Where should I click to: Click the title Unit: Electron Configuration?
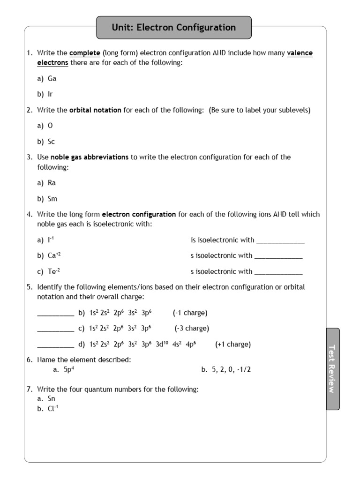[174, 28]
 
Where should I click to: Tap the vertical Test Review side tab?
[332, 368]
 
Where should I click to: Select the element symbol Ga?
[52, 79]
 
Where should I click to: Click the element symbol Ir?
[51, 94]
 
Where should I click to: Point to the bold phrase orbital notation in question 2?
[95, 110]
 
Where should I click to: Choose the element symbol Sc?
[52, 142]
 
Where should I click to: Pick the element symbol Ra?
[52, 183]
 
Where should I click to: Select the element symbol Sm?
[52, 199]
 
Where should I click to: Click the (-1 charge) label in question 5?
[190, 313]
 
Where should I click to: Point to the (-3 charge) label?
[192, 328]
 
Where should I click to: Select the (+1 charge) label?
[233, 344]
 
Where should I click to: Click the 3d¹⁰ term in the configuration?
[162, 344]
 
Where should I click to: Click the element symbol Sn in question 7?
[52, 398]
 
